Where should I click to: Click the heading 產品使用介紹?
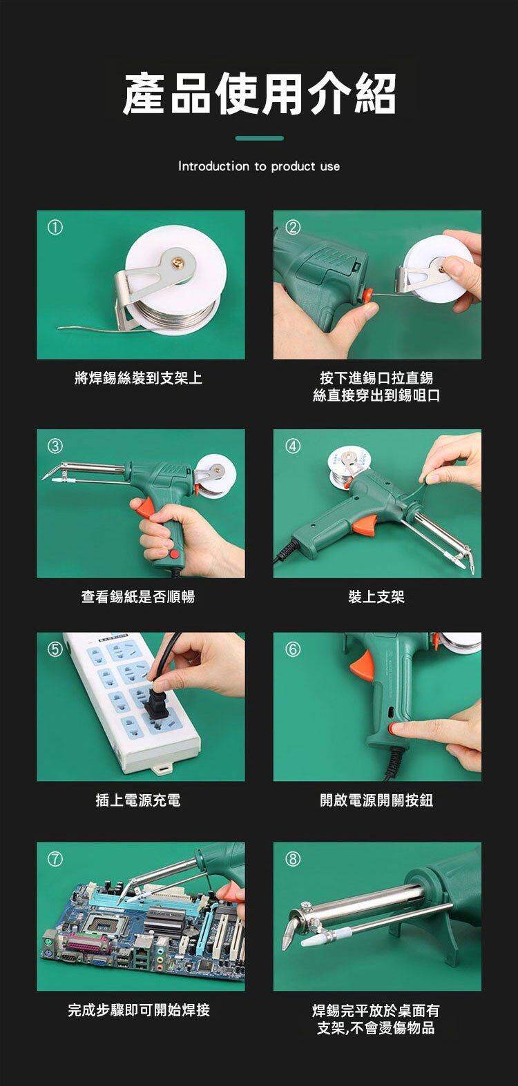(259, 94)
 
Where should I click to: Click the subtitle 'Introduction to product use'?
(259, 166)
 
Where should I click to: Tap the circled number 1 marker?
(55, 228)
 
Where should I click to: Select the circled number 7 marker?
(55, 859)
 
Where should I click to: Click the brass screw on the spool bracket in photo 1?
(180, 262)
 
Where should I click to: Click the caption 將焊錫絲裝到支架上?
(138, 377)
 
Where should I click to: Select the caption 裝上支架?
(376, 597)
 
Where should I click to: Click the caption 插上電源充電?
(138, 800)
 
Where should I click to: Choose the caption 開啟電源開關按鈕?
(376, 800)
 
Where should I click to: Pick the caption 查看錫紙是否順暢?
(138, 597)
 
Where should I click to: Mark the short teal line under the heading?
(259, 138)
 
